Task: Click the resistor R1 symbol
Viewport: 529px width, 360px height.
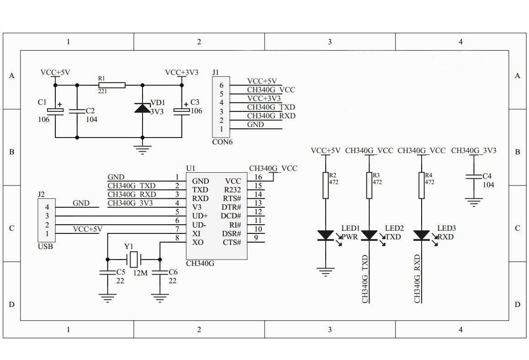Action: [x=111, y=85]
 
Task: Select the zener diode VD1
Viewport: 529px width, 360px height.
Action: [x=142, y=108]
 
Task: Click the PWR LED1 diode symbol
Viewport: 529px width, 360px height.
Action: [x=325, y=235]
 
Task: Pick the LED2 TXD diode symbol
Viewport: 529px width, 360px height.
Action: [x=369, y=235]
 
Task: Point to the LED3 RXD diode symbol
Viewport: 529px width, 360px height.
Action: [x=421, y=235]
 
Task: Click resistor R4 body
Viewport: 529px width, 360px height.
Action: [x=421, y=185]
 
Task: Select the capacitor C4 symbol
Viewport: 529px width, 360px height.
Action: [x=474, y=178]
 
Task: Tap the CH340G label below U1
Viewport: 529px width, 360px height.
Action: [x=200, y=264]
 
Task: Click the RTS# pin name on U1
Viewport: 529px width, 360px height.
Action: [x=232, y=198]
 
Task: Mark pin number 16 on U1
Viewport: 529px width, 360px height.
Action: [x=258, y=177]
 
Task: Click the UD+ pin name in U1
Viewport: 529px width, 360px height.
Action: [x=200, y=216]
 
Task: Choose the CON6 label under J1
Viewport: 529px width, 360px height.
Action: [x=222, y=142]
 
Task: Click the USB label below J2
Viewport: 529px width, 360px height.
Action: [x=45, y=246]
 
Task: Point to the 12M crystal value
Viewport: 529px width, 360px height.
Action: [x=140, y=273]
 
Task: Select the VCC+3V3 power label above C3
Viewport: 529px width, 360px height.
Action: [x=181, y=72]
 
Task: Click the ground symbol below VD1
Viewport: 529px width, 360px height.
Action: [x=142, y=149]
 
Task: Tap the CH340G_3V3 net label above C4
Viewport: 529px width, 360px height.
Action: [x=473, y=150]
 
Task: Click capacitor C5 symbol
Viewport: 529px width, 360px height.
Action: [x=107, y=273]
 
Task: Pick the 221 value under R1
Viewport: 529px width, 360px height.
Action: [x=103, y=91]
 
